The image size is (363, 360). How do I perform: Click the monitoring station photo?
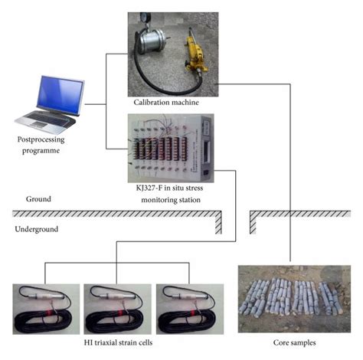[x=172, y=146]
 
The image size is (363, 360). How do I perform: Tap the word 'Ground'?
[x=38, y=199]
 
